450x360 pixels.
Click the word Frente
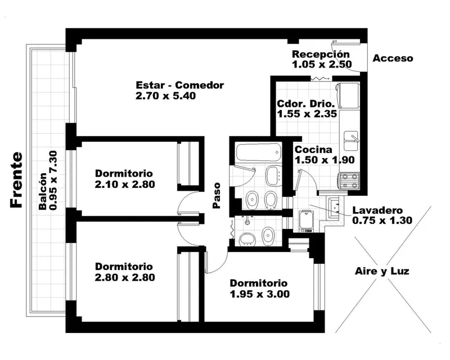[16, 179]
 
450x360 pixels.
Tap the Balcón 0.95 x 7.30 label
[48, 181]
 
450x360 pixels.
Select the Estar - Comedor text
[179, 85]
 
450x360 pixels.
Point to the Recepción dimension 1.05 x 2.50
[322, 64]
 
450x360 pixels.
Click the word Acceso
[393, 58]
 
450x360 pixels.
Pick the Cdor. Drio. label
[306, 103]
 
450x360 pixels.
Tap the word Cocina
[313, 150]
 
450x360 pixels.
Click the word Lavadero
[377, 210]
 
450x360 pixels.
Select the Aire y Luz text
[382, 271]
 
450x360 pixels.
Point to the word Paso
[217, 195]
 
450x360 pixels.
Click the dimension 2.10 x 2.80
[125, 184]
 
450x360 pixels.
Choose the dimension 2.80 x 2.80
[125, 278]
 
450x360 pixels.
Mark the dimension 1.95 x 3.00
[260, 294]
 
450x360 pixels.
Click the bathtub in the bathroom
[258, 153]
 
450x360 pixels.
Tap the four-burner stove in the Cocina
[349, 181]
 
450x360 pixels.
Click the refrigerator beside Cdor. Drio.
[348, 96]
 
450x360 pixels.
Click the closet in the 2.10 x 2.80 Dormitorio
[188, 164]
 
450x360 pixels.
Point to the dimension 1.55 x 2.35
[307, 114]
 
